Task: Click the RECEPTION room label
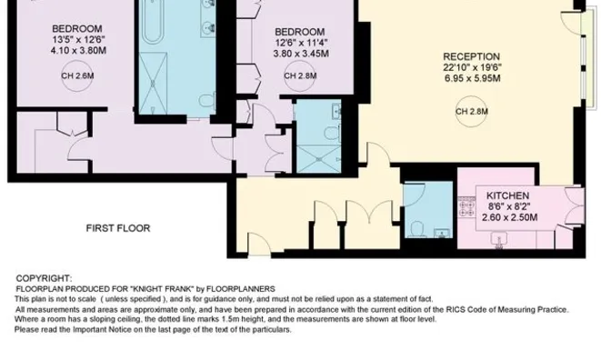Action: (x=472, y=56)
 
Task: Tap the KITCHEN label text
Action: (x=508, y=195)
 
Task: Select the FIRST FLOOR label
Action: (x=118, y=228)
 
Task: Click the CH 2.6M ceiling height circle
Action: (x=77, y=76)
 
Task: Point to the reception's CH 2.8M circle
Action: (x=472, y=112)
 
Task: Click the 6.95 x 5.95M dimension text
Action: (x=472, y=78)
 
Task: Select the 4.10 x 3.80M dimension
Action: (x=78, y=51)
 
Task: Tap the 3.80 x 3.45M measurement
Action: (x=301, y=54)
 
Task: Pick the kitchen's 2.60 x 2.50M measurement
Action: (x=509, y=218)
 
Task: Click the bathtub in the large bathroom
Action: (x=153, y=21)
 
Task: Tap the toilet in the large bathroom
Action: (x=207, y=101)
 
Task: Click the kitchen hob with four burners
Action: (x=466, y=207)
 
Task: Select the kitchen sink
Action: (x=499, y=239)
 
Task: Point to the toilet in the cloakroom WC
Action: (x=416, y=229)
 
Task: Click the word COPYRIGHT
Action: (x=44, y=278)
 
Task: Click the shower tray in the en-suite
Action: (x=319, y=159)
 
